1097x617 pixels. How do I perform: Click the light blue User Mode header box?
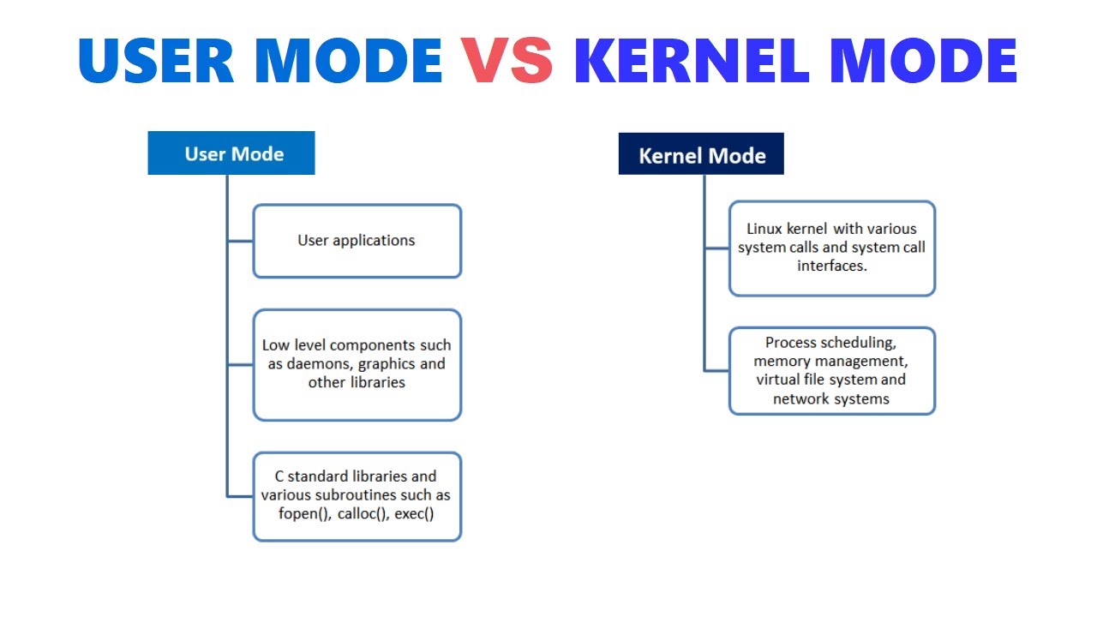(231, 154)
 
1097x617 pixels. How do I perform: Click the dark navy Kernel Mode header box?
(701, 155)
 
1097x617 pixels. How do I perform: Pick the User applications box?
(357, 241)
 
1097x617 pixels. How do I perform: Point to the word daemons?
(321, 363)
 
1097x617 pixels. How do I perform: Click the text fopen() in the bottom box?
(304, 514)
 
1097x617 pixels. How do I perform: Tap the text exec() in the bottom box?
(415, 514)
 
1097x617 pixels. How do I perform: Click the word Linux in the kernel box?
(764, 229)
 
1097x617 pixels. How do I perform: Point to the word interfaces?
(831, 266)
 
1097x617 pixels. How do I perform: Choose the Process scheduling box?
(831, 370)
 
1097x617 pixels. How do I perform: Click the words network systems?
(831, 399)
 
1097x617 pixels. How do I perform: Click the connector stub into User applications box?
(241, 242)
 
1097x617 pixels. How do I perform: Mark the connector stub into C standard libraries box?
(241, 495)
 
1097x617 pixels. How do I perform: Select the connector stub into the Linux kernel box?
(717, 249)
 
